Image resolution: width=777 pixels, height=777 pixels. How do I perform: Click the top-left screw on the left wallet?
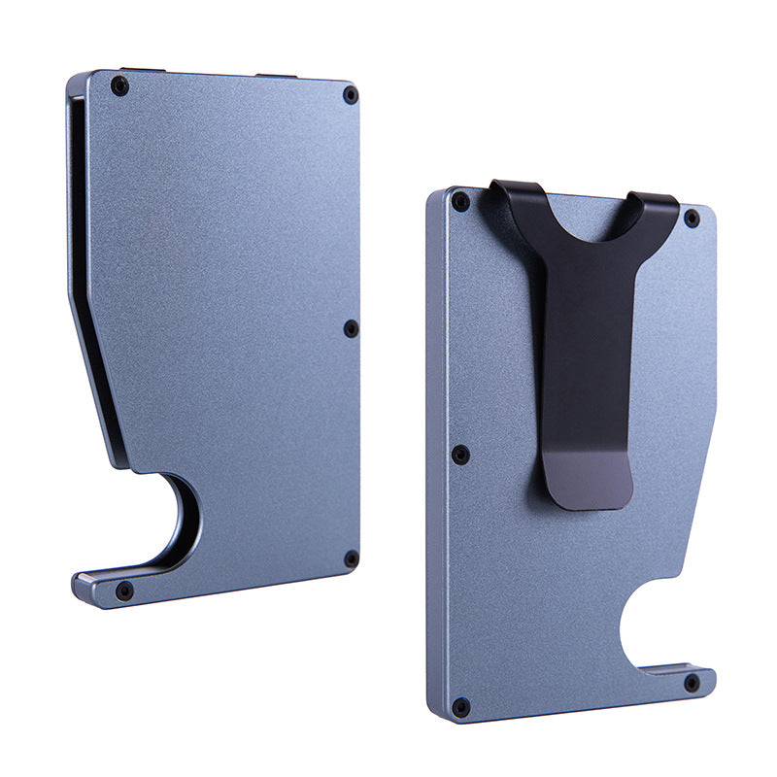click(x=119, y=85)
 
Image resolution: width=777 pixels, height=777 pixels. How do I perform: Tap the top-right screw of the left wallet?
click(x=351, y=94)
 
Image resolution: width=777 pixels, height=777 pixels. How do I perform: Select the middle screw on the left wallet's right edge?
click(x=352, y=329)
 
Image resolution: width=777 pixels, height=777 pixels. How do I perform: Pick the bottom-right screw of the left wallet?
click(x=352, y=558)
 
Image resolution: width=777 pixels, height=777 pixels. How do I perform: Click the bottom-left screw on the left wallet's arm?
click(x=124, y=590)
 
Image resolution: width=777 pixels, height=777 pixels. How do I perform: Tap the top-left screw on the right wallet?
click(x=460, y=202)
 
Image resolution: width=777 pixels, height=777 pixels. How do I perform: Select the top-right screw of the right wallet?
click(x=692, y=218)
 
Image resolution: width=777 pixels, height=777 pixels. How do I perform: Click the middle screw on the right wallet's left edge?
click(x=460, y=454)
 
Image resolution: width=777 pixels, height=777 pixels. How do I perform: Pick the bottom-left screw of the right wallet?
click(x=460, y=706)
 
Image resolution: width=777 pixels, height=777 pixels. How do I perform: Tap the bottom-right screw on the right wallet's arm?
click(x=692, y=683)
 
